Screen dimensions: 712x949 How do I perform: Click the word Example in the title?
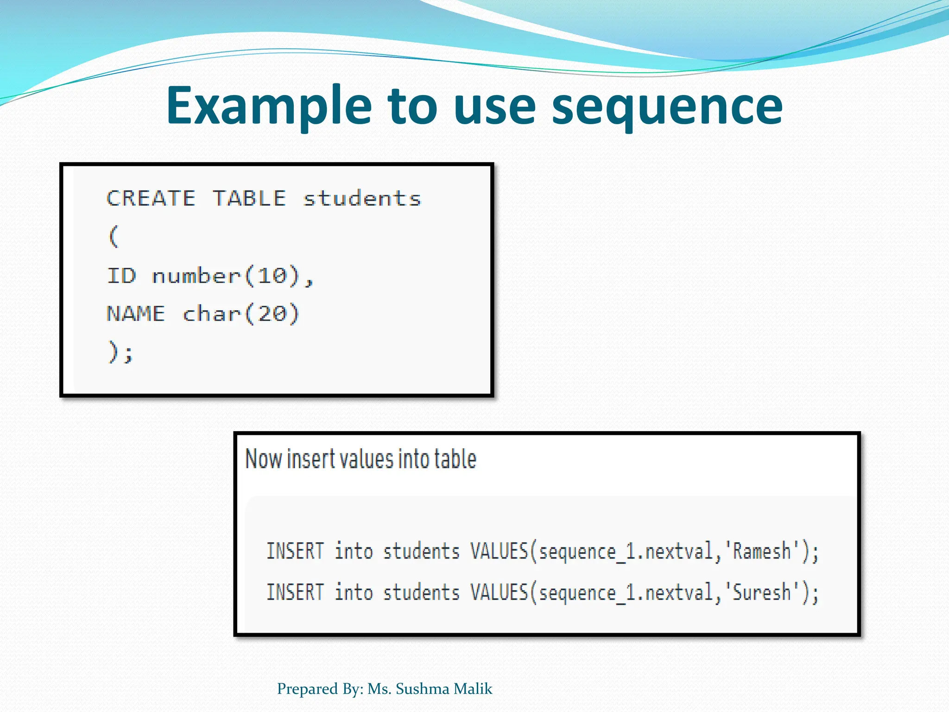(x=269, y=107)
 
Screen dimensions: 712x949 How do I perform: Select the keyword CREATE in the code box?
(x=151, y=198)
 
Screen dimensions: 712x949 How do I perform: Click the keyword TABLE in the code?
(x=249, y=198)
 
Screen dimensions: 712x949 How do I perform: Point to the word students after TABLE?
(x=362, y=198)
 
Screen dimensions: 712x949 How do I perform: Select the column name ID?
(x=122, y=276)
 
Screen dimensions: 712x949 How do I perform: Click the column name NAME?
(x=136, y=314)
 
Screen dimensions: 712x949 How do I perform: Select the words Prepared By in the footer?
(x=320, y=689)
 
